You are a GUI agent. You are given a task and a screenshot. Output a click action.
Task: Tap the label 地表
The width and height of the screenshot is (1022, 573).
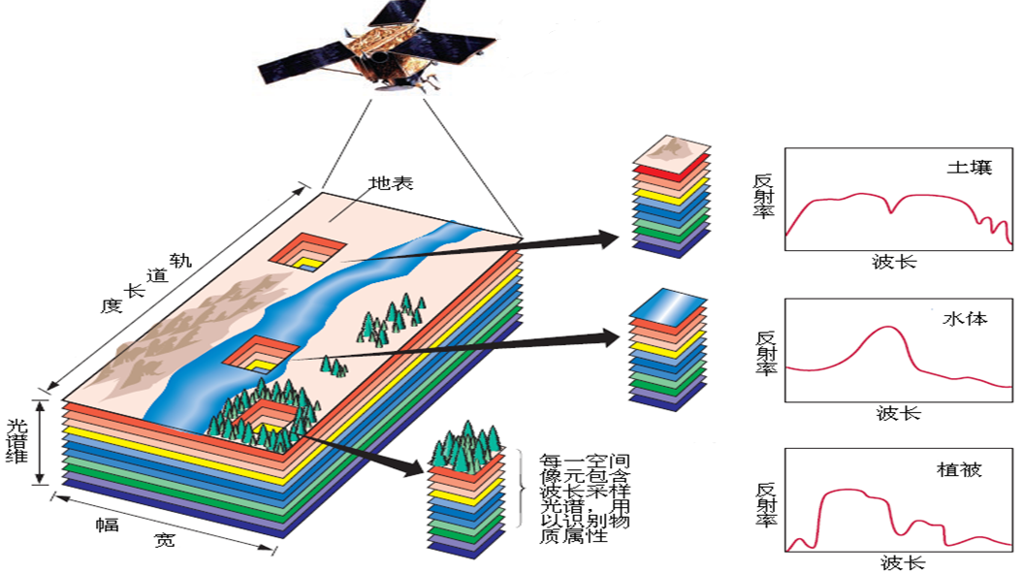[x=391, y=183]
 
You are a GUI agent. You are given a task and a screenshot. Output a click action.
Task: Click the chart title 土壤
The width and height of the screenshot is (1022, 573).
[x=970, y=167]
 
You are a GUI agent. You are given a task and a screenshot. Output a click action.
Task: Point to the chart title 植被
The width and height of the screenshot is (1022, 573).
[x=959, y=470]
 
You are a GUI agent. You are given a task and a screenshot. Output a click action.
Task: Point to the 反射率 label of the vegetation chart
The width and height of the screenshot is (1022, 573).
[x=765, y=503]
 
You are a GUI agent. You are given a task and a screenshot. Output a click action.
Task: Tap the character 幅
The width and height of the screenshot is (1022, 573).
[x=106, y=525]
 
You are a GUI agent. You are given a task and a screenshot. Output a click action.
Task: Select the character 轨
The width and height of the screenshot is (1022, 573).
[x=181, y=259]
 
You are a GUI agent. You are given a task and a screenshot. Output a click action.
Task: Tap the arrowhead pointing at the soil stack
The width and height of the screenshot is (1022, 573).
[x=609, y=237]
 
